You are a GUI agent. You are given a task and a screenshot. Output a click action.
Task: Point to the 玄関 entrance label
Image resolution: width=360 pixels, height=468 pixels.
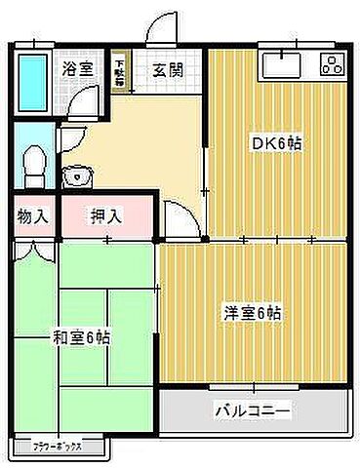[169, 69]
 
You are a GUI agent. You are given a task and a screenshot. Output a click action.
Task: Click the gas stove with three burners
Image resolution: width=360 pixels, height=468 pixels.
[329, 66]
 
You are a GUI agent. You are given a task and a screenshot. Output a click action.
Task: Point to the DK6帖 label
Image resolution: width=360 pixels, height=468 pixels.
[278, 142]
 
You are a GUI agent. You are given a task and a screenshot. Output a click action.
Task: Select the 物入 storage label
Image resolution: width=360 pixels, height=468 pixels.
[32, 215]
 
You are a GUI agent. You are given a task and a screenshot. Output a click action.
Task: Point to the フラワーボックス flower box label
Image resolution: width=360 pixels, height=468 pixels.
[60, 448]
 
